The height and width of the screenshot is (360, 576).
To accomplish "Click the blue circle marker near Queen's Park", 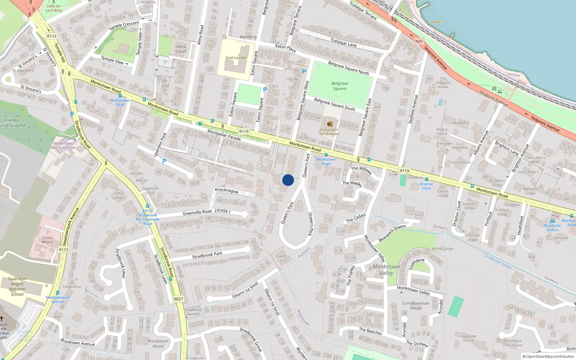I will click(288, 180).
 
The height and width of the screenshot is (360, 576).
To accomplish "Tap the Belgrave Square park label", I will click(339, 86).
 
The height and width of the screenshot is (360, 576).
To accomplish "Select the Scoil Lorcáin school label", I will click(236, 58).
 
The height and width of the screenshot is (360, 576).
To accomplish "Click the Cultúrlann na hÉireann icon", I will click(329, 124).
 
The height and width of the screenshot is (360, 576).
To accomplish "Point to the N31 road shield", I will click(419, 41).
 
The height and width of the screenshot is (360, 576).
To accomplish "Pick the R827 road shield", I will click(178, 299).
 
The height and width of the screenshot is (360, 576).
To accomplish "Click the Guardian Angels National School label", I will click(17, 286).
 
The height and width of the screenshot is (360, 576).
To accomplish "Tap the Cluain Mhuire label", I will click(47, 240).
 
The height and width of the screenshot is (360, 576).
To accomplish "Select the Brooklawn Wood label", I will click(158, 343).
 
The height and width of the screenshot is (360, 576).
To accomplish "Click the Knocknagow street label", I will click(226, 190).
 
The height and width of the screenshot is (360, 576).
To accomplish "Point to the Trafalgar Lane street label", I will click(343, 42).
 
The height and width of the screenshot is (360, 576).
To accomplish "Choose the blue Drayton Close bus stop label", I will click(426, 186).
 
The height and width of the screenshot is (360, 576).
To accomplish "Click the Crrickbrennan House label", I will click(416, 305).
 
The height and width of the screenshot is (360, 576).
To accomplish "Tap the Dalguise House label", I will click(468, 338).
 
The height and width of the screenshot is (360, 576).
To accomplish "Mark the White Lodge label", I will click(442, 249).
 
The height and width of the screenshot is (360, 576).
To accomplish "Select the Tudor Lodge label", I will click(118, 195).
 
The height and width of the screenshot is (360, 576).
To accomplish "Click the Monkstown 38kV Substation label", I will click(63, 145).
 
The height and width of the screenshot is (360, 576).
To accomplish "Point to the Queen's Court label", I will click(282, 258).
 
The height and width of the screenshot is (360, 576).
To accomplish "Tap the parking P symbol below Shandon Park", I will click(164, 161).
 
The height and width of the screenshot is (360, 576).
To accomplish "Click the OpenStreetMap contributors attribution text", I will click(548, 357).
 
